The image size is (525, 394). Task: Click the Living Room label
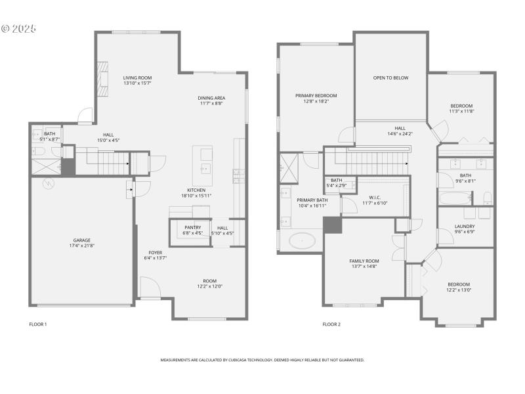[x=137, y=78]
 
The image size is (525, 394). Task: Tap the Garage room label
[x=82, y=240]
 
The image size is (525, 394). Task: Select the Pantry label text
[x=193, y=227]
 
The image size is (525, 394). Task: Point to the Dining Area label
[x=211, y=98]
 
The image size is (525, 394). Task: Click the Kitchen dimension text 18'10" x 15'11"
[x=196, y=196]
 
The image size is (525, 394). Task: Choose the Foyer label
[x=155, y=252]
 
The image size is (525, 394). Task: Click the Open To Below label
[x=390, y=78]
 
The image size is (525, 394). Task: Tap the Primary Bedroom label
[x=316, y=95]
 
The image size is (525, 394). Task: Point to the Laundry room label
[x=465, y=226]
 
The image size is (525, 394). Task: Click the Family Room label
[x=364, y=261]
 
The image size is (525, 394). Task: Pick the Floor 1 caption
[x=38, y=324]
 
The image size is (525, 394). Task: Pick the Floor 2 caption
[x=331, y=324]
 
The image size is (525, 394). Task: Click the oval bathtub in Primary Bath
[x=302, y=241]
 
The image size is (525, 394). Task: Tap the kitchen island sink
[x=205, y=167]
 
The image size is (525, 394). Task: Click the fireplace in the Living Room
[x=103, y=74]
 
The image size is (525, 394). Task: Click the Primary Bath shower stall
[x=289, y=167]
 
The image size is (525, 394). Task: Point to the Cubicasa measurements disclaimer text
[x=262, y=360]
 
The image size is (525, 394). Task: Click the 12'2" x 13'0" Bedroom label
[x=459, y=287]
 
